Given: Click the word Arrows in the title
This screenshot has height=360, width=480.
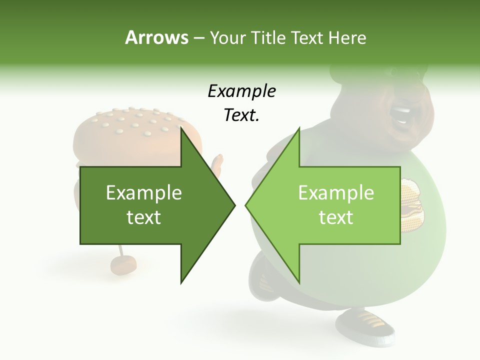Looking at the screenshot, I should (x=156, y=37).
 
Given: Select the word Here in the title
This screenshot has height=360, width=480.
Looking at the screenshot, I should (x=347, y=37).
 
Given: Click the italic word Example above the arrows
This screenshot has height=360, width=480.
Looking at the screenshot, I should (x=241, y=91).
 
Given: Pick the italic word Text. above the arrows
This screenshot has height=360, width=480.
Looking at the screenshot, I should (x=241, y=115).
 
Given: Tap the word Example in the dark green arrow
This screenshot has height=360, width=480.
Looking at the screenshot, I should (x=144, y=193).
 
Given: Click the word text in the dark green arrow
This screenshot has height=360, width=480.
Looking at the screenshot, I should (x=144, y=217).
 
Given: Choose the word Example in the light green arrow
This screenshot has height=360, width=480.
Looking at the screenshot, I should (x=336, y=193).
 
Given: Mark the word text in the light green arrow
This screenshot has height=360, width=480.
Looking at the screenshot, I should (x=336, y=217).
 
